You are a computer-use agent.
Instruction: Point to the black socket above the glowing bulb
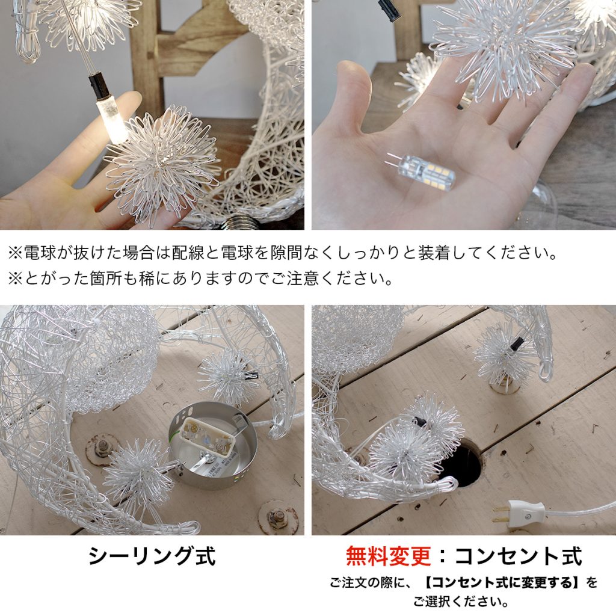pyautogui.click(x=98, y=86)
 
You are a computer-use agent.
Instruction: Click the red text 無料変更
pyautogui.click(x=388, y=556)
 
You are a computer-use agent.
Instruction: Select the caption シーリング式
pyautogui.click(x=152, y=556)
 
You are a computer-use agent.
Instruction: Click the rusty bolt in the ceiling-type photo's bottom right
pyautogui.click(x=277, y=516)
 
